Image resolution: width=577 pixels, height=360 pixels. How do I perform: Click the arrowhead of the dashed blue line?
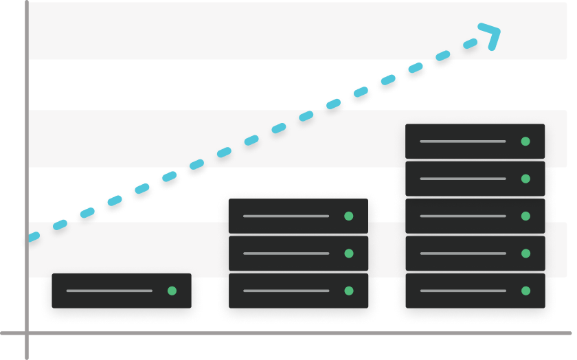click(x=492, y=35)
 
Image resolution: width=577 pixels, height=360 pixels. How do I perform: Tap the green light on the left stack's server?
click(x=172, y=291)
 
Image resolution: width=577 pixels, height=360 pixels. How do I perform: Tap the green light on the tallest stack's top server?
click(x=525, y=142)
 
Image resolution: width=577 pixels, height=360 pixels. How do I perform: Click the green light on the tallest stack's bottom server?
click(x=525, y=291)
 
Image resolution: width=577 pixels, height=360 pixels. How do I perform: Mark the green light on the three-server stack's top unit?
click(x=348, y=216)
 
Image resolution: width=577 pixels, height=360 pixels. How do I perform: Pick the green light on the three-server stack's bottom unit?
click(x=348, y=291)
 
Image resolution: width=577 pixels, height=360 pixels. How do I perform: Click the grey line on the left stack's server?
click(x=109, y=291)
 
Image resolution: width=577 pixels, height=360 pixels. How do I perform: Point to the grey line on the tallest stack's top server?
click(x=462, y=142)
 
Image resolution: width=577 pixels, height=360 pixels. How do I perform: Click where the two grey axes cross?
click(x=27, y=333)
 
